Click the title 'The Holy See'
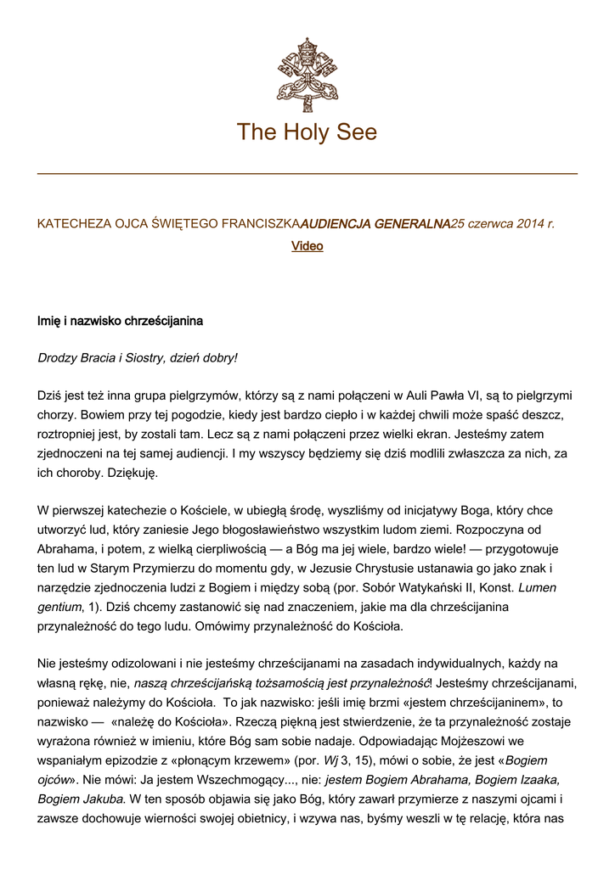pyautogui.click(x=307, y=132)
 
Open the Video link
pyautogui.click(x=307, y=246)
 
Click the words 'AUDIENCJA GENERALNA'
pyautogui.click(x=375, y=224)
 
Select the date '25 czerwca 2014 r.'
pyautogui.click(x=502, y=224)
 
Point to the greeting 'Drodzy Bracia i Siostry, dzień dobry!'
pyautogui.click(x=138, y=357)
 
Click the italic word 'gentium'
pyautogui.click(x=59, y=606)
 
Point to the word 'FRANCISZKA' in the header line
pyautogui.click(x=261, y=224)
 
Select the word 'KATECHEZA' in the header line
pyautogui.click(x=71, y=224)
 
